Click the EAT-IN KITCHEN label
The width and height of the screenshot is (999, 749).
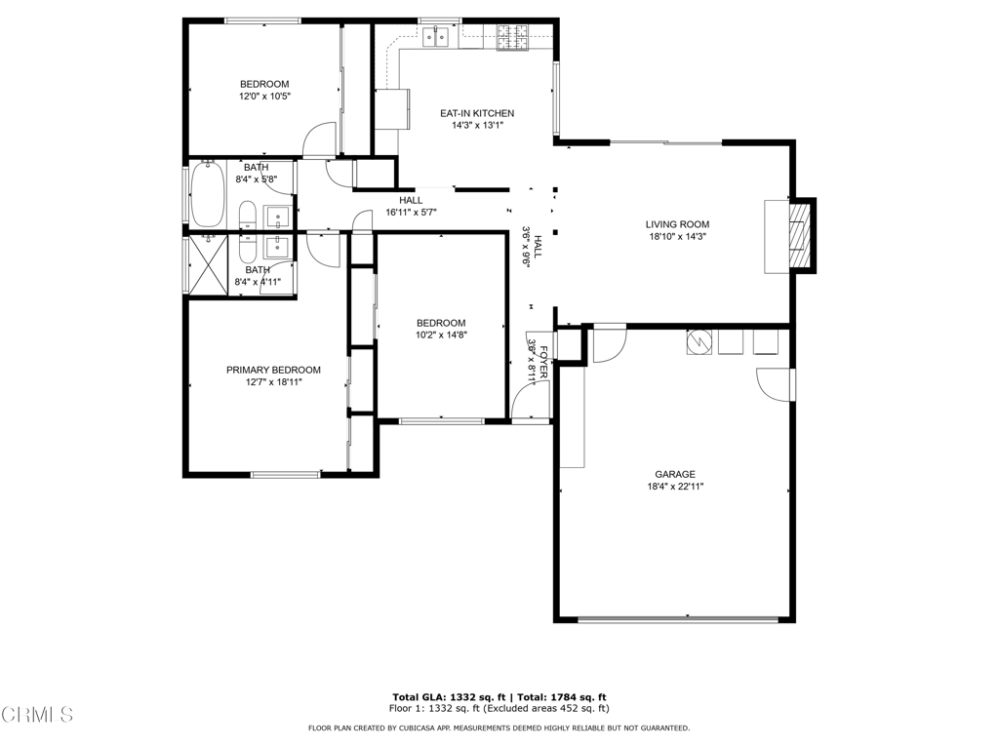[476, 113]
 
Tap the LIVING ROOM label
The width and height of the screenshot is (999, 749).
[677, 224]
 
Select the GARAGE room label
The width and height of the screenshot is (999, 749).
[675, 474]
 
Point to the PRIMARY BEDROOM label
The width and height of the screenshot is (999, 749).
[273, 370]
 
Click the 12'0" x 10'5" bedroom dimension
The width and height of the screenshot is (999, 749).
[264, 97]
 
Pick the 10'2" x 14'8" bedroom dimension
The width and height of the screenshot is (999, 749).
[441, 335]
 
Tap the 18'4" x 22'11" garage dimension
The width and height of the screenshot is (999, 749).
[675, 486]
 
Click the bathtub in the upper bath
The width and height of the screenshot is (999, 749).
[208, 194]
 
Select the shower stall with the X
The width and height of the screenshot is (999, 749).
[209, 265]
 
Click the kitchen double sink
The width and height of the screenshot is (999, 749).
[435, 36]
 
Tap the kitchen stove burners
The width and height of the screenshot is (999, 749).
[513, 37]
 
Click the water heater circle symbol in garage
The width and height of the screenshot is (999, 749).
[699, 342]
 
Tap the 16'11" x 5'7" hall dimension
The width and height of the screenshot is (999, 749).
[411, 212]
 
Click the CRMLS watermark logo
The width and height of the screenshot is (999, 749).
[37, 715]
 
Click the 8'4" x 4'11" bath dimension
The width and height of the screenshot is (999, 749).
[258, 282]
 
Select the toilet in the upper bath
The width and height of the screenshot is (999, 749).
[248, 215]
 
